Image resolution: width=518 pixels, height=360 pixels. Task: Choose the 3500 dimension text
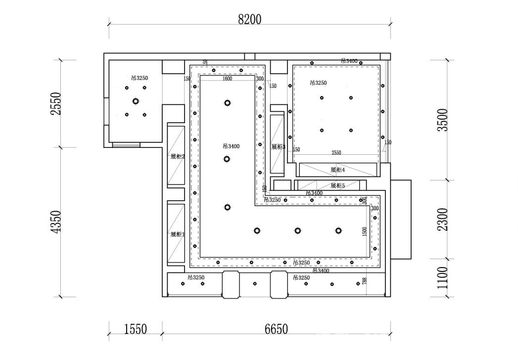pos(444,120)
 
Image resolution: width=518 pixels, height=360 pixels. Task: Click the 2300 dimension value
pos(444,219)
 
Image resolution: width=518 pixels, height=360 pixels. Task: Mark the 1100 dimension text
pos(444,277)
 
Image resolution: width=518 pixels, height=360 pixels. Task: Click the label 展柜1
pos(177,234)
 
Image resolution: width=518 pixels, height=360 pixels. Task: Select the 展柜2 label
pos(177,156)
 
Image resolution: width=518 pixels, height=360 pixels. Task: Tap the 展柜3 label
pos(278,147)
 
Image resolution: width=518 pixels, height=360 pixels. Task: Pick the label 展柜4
pos(337,170)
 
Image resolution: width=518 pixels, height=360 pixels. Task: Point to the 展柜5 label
pos(337,185)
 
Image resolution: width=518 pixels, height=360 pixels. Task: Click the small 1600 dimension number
pos(228,79)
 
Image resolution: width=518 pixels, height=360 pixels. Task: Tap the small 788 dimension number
pos(364,281)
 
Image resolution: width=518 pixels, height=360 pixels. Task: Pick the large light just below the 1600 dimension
pos(227,103)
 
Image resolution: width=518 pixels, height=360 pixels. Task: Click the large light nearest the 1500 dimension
pos(338,230)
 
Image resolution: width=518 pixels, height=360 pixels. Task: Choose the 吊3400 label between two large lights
pos(231,146)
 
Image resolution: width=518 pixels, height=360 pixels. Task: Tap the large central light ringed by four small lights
pos(136,101)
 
